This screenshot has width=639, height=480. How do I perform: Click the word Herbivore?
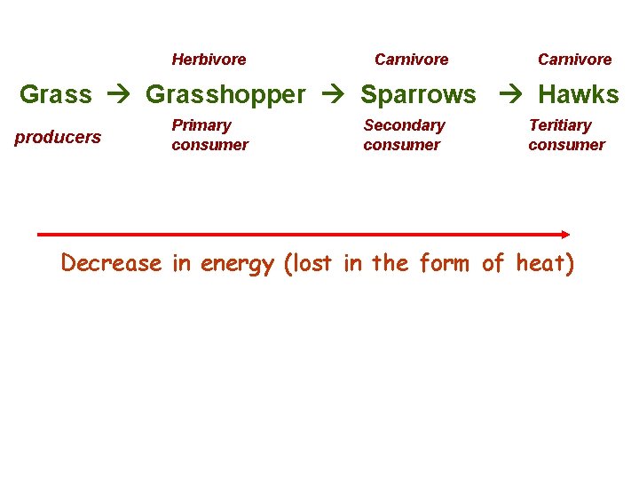point(209,60)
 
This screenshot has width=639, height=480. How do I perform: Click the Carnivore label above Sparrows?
point(411,60)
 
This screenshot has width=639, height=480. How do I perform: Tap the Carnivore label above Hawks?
point(574,60)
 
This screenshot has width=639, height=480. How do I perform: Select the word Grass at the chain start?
point(55,93)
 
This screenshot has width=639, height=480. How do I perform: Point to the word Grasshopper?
point(225,93)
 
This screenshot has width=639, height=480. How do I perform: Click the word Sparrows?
point(418,93)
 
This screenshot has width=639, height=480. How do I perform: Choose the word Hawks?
point(579,93)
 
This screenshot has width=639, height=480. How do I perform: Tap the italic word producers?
point(58,137)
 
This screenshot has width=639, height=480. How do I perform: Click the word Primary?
point(201,125)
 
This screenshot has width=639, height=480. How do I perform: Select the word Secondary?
point(404,125)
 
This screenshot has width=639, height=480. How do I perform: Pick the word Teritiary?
point(559,125)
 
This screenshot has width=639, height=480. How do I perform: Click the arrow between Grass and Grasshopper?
point(118,94)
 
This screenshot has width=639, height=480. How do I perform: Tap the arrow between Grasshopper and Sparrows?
point(334,94)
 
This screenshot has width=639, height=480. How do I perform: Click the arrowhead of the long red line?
point(564,234)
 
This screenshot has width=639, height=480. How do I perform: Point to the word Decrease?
point(111,263)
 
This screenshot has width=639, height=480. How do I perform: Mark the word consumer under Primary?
point(209,145)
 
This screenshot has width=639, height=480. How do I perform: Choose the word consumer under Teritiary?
point(566,145)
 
